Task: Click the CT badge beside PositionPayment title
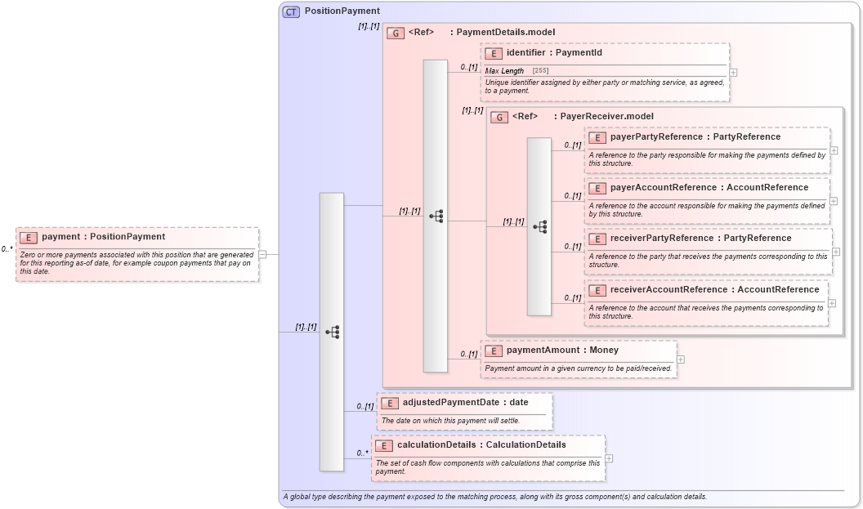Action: click(x=291, y=11)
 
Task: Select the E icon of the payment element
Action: click(x=29, y=237)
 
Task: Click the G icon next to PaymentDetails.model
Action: click(x=396, y=33)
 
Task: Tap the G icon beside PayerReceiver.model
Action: click(x=499, y=117)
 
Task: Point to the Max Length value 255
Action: click(x=540, y=71)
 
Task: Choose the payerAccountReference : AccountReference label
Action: click(x=709, y=188)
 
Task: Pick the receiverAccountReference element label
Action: click(x=714, y=290)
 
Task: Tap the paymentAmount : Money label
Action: click(x=562, y=350)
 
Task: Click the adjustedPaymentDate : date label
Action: click(x=465, y=403)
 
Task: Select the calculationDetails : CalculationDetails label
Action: click(x=481, y=445)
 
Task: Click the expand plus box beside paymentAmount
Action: click(x=681, y=359)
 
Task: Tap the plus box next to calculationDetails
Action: click(x=609, y=458)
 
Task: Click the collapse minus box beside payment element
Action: click(x=262, y=254)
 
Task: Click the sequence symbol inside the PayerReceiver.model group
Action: click(x=539, y=226)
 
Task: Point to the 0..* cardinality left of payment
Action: click(x=7, y=249)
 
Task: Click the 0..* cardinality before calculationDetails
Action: click(x=362, y=453)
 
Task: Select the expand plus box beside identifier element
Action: click(x=733, y=72)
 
